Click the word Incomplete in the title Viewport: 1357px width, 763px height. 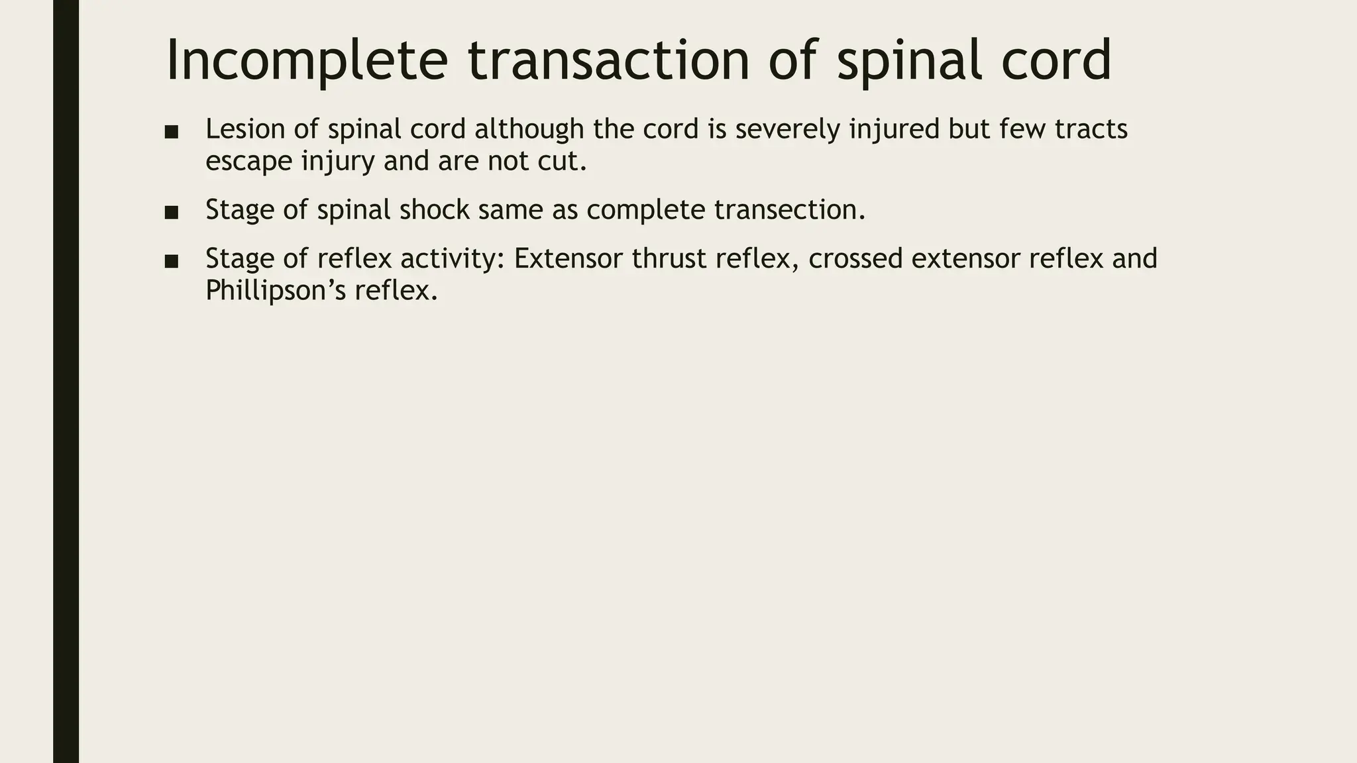(x=306, y=61)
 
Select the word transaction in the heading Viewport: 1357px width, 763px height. (x=608, y=61)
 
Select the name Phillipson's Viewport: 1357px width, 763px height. (x=276, y=291)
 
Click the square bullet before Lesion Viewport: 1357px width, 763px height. (x=172, y=131)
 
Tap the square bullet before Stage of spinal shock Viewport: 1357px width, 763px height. (x=172, y=213)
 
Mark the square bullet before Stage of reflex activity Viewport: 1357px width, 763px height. (x=172, y=261)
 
